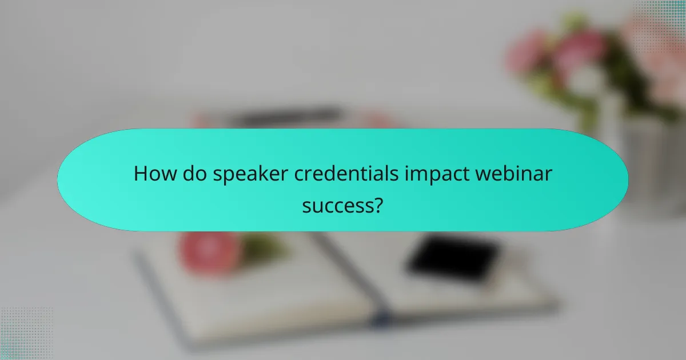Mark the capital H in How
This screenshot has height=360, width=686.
141,174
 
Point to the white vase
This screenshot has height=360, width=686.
652,166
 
